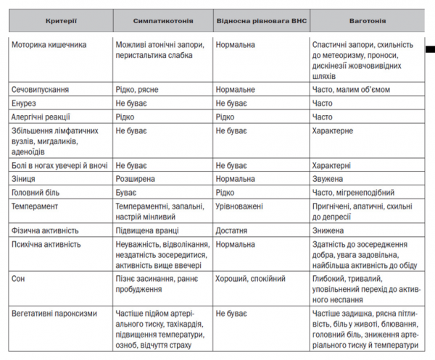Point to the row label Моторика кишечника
[x=49, y=45]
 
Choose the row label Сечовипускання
[x=41, y=90]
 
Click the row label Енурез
[x=25, y=104]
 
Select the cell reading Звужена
[x=328, y=178]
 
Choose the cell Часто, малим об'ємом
[x=351, y=90]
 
